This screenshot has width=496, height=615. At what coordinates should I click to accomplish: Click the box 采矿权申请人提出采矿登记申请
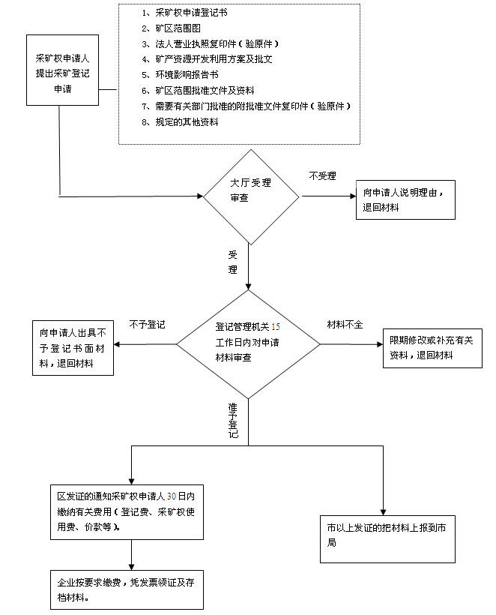[62, 70]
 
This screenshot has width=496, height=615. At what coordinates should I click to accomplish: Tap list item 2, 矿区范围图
[171, 28]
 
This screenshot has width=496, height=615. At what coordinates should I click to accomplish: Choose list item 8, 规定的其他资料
[180, 122]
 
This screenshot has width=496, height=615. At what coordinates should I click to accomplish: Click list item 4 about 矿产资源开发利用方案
[207, 59]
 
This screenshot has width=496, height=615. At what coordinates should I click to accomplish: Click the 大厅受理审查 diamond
[251, 197]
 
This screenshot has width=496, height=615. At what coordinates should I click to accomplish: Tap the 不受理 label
[322, 176]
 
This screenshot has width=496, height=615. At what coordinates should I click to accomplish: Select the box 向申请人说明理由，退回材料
[405, 199]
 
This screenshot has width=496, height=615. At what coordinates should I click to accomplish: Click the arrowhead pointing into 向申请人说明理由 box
[353, 196]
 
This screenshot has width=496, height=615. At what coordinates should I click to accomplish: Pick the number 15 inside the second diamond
[276, 327]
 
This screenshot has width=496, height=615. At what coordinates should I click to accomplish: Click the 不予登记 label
[148, 324]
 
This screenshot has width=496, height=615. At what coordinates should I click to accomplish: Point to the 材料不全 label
[345, 324]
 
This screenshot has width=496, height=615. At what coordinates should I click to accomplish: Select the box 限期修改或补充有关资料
[432, 348]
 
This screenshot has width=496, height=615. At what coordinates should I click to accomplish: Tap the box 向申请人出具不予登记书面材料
[73, 348]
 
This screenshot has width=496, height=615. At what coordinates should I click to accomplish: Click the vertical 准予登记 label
[233, 421]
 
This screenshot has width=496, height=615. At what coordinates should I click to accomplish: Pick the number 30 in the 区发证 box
[172, 496]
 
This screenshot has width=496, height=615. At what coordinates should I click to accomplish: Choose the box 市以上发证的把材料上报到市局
[387, 539]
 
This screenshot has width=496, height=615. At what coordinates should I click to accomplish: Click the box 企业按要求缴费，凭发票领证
[127, 590]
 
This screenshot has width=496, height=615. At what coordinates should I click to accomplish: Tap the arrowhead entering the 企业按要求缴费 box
[131, 567]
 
